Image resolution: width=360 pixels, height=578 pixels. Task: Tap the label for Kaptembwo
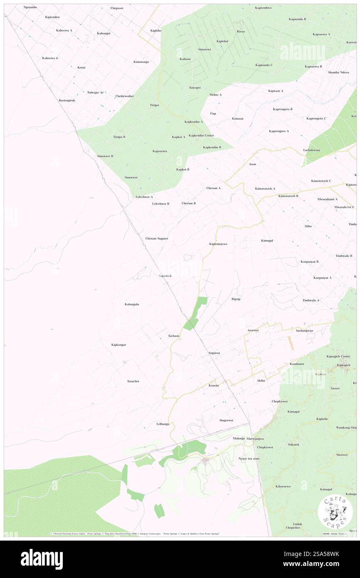(263, 8)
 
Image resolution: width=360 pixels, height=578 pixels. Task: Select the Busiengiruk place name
(67, 100)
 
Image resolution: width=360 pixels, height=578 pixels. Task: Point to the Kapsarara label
(160, 151)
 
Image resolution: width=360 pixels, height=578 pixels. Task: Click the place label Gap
(213, 113)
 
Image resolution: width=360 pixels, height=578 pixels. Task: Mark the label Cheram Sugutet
(156, 238)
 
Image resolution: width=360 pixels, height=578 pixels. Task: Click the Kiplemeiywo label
(218, 244)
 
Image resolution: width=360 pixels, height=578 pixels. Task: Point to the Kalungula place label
(132, 304)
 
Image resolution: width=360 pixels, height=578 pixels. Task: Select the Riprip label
(236, 299)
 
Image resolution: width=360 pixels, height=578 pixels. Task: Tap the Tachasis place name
(174, 336)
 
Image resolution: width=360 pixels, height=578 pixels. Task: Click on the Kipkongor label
(118, 345)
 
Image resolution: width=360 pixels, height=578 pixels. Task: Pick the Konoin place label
(214, 385)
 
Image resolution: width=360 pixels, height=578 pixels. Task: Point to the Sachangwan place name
(304, 331)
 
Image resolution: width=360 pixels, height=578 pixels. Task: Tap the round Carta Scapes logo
(335, 511)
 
